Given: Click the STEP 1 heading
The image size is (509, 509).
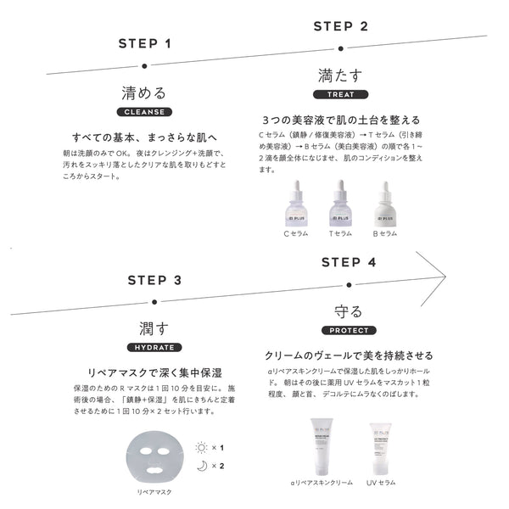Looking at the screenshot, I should tap(144, 43).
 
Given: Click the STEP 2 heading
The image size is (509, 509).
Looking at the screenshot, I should tap(340, 25).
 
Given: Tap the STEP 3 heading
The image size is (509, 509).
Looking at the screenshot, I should tap(154, 280).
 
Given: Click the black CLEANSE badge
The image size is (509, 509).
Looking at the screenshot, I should tap(145, 112).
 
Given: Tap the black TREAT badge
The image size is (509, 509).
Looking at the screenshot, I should tap(340, 94).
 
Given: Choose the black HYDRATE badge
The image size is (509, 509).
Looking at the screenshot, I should tap(154, 348).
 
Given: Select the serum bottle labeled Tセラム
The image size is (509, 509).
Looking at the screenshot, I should tap(339, 204).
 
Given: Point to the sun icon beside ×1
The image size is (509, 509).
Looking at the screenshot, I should tap(200, 447).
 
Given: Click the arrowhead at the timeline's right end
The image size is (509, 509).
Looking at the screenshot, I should tap(440, 276).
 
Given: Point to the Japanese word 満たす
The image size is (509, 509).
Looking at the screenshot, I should tap(340, 75).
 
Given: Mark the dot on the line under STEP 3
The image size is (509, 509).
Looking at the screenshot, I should tap(154, 300).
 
